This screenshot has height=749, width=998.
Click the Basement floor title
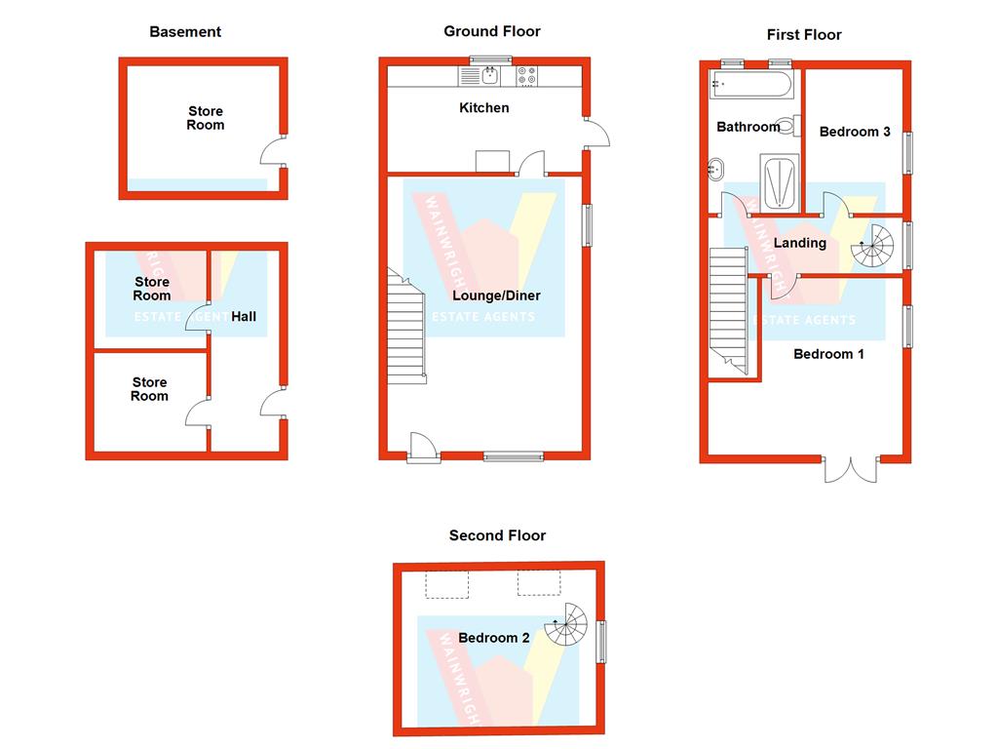click(185, 32)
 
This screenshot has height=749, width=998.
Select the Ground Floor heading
click(492, 31)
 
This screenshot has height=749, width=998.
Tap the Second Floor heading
click(497, 535)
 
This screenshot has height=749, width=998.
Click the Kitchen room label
click(484, 107)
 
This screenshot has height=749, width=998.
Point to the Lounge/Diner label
click(496, 296)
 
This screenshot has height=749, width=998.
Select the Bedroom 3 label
click(855, 132)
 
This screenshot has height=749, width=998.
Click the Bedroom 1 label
click(828, 354)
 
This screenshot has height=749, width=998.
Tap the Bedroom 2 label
click(494, 638)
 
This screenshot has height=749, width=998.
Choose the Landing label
click(799, 243)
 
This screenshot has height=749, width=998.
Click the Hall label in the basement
click(244, 317)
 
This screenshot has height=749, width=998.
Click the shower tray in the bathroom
click(779, 183)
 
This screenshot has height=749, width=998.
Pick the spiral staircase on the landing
click(872, 247)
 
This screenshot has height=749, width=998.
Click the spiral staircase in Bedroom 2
click(566, 625)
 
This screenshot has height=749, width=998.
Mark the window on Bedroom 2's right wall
click(602, 642)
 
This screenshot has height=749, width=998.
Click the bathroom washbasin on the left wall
click(714, 169)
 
